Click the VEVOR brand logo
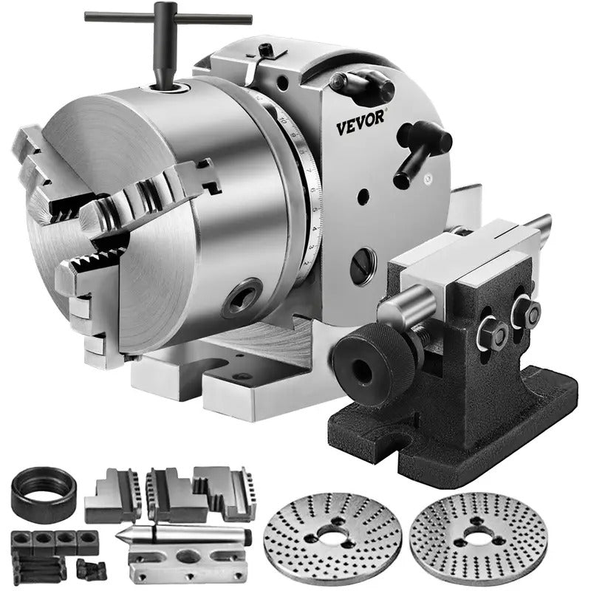coord(361,127)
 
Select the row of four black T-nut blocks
coord(55,542)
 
